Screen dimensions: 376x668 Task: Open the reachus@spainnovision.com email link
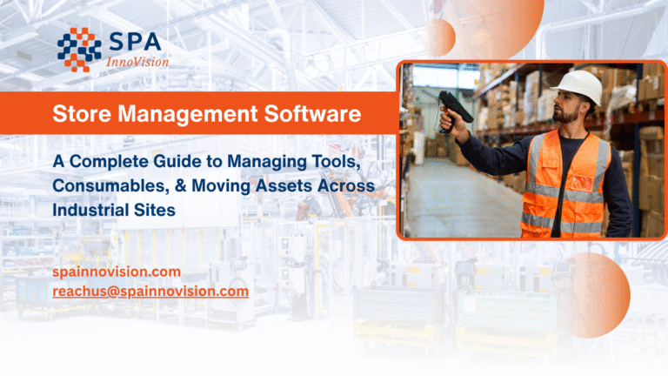click(150, 292)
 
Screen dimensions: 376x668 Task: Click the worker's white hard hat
click(578, 86)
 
